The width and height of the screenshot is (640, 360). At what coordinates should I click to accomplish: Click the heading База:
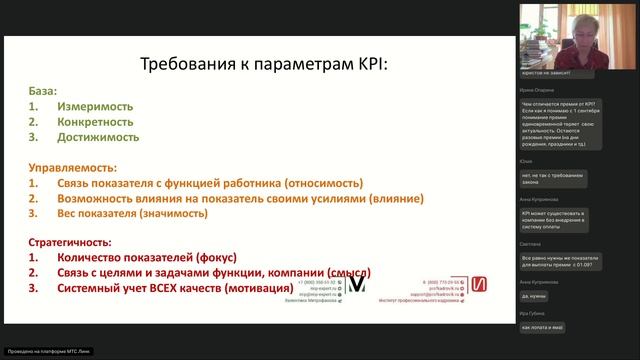43,90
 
